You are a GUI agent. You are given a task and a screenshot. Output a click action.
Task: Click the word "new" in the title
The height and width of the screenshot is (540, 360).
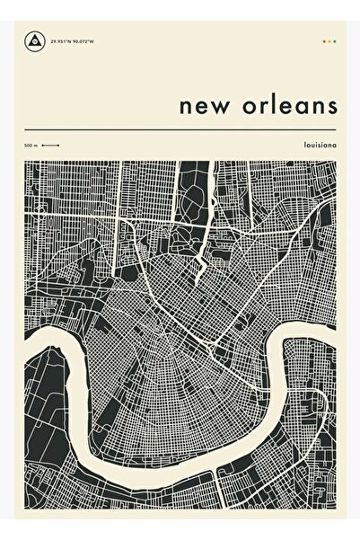pos(201,106)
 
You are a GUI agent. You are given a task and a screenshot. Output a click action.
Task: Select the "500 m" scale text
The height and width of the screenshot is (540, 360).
pos(31,146)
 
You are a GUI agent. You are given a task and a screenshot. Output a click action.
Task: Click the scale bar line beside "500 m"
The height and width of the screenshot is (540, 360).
pos(50,146)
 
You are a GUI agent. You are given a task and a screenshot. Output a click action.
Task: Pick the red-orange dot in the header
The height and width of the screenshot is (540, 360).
pos(322,40)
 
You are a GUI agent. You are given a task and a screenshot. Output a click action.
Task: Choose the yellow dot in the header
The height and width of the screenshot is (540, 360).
pos(329,40)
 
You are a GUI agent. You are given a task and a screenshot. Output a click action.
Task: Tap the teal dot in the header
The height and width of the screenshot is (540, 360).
pos(335,40)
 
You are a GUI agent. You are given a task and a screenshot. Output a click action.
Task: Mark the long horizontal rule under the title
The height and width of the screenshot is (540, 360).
pos(180,131)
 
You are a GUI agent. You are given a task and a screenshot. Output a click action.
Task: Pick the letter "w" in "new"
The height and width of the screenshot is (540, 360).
pos(215,106)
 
